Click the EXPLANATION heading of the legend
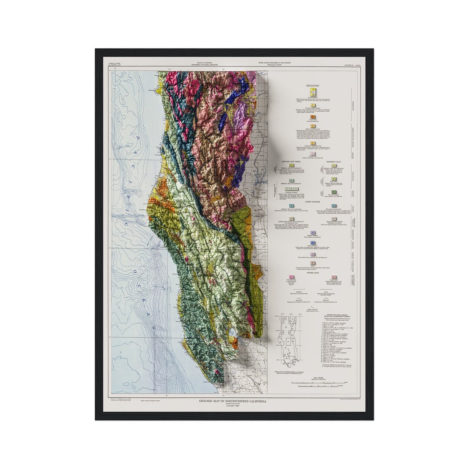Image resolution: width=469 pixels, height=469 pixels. (313, 86)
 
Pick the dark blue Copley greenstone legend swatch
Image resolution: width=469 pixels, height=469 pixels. (313, 243)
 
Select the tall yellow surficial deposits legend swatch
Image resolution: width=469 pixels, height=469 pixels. (313, 92)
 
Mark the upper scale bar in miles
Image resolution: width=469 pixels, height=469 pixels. (319, 382)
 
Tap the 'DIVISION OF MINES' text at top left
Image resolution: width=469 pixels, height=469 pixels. (114, 63)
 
